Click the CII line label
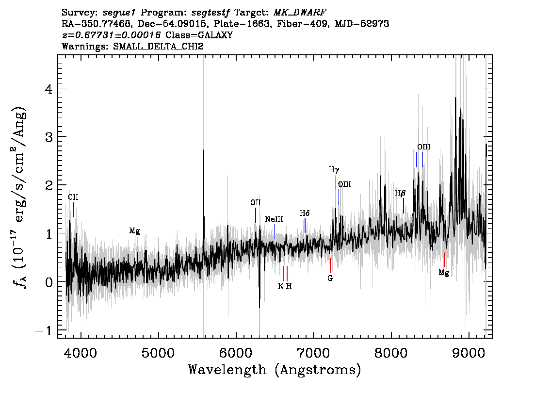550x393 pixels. click(x=73, y=197)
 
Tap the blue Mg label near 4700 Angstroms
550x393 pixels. click(x=135, y=231)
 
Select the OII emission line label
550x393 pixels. click(x=255, y=202)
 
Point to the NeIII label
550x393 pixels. click(x=274, y=219)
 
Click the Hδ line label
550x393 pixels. click(x=305, y=213)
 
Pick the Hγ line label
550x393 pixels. click(x=334, y=170)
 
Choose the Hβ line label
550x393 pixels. click(x=400, y=193)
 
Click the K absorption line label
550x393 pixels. click(x=281, y=286)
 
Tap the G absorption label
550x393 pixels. click(x=330, y=278)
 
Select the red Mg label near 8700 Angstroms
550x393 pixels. click(x=444, y=273)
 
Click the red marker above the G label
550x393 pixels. click(x=330, y=265)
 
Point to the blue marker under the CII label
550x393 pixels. click(x=73, y=210)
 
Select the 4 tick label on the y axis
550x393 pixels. click(x=49, y=88)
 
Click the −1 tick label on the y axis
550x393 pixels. click(x=44, y=330)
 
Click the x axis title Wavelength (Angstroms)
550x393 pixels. click(x=275, y=370)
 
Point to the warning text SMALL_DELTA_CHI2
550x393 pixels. click(x=158, y=47)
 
